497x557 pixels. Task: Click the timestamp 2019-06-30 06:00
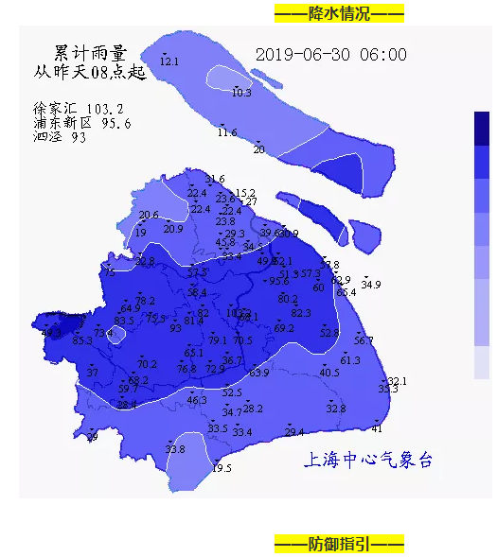click(331, 55)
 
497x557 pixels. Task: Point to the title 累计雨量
click(90, 52)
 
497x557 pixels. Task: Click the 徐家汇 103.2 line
click(79, 109)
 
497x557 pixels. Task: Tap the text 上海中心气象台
click(368, 461)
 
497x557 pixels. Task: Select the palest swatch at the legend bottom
click(482, 362)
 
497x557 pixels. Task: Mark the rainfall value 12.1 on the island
click(169, 61)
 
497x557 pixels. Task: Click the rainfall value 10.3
click(241, 93)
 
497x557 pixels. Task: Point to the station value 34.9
click(371, 285)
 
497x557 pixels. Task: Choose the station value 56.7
click(364, 340)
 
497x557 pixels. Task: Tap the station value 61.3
click(350, 360)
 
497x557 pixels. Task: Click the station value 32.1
click(398, 381)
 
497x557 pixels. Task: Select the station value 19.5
click(222, 468)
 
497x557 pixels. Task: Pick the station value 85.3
click(82, 340)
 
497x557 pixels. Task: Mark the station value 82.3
click(301, 313)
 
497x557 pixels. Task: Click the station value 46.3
click(197, 400)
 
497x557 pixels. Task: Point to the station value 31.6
click(216, 179)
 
